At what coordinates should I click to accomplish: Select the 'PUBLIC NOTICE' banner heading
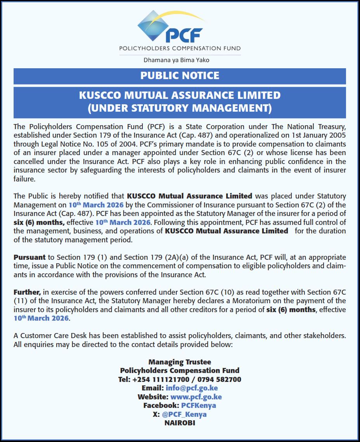(x=180, y=76)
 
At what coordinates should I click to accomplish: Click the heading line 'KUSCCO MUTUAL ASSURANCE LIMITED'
(x=180, y=95)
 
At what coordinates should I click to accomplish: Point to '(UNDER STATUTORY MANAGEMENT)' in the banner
(x=180, y=108)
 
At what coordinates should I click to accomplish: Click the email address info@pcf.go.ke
(x=192, y=388)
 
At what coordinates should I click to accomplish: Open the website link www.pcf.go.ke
(x=196, y=397)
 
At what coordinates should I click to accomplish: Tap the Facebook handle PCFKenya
(x=198, y=406)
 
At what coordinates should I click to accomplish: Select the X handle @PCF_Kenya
(x=184, y=414)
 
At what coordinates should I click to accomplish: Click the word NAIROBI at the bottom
(x=180, y=423)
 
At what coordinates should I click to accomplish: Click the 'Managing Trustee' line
(x=180, y=362)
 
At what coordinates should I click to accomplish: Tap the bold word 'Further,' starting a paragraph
(x=27, y=292)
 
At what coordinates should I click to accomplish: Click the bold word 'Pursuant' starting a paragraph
(x=29, y=257)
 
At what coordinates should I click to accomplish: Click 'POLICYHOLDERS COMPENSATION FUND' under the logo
(x=180, y=48)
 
